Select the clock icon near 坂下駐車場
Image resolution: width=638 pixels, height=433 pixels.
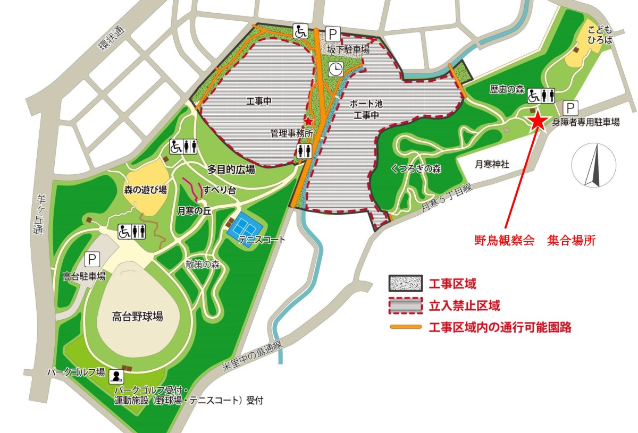pyautogui.click(x=335, y=69)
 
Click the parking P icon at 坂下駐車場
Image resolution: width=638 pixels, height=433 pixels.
pyautogui.click(x=333, y=35)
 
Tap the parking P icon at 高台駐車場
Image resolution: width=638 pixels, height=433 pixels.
pyautogui.click(x=92, y=259)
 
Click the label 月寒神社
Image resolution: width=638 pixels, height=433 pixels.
pyautogui.click(x=492, y=165)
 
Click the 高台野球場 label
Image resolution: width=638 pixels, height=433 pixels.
pyautogui.click(x=137, y=317)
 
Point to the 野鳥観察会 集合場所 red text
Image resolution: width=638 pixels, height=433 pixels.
pyautogui.click(x=534, y=240)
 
